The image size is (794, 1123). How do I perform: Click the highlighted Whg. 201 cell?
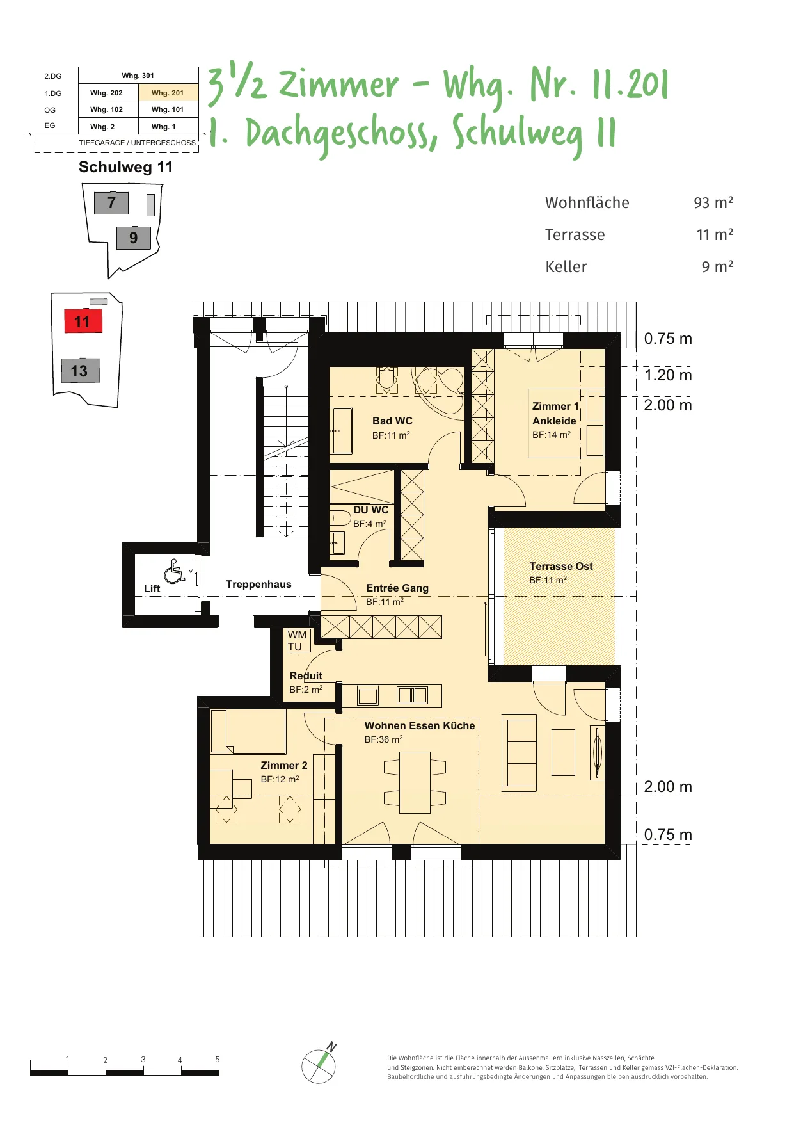point(168,93)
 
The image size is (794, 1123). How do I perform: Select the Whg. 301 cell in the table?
point(138,76)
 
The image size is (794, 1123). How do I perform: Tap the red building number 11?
point(83,321)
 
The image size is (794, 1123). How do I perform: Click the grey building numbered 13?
point(80,371)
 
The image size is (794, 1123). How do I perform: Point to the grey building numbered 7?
point(111,203)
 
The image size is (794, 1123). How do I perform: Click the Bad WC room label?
point(392,421)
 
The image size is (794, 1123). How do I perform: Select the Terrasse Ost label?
point(561,566)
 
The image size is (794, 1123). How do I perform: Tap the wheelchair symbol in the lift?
point(174,571)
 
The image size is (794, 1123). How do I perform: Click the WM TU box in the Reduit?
point(298,640)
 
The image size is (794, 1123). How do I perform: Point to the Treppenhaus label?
point(258,584)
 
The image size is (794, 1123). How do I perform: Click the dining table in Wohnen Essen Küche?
point(415,782)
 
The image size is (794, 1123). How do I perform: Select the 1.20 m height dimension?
point(668,375)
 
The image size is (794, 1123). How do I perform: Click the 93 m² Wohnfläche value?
point(713,202)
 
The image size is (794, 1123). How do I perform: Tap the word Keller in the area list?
point(566,266)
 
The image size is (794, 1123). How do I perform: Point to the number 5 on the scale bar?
point(218,1060)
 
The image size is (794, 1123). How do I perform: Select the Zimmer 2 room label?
point(284,765)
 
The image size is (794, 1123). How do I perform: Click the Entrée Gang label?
point(397,588)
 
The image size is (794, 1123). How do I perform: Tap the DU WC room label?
point(371,510)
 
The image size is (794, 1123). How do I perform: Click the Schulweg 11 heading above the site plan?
point(125,167)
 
